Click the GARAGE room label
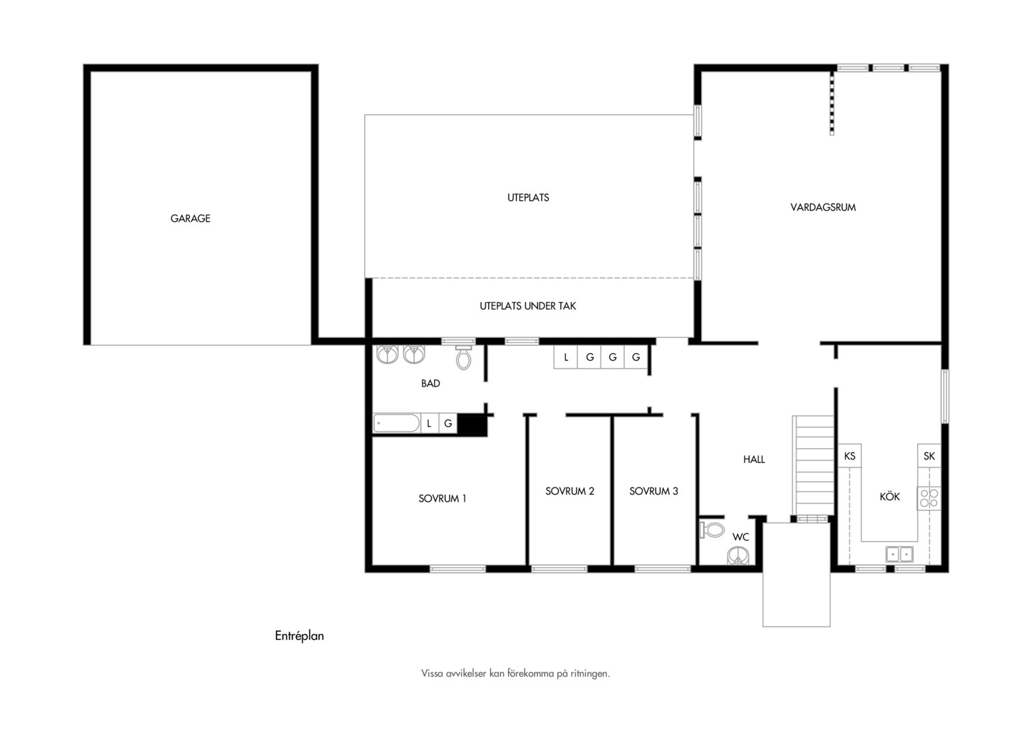coord(190,218)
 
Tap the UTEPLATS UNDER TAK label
coord(527,306)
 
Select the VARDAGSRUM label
coord(823,208)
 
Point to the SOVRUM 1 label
coord(442,499)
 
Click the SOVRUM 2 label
coord(569,491)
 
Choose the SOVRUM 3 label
coord(654,491)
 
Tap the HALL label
coord(754,460)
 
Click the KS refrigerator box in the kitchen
coord(850,456)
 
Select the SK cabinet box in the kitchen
coord(930,456)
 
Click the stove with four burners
coord(929,498)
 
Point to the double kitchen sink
coord(899,554)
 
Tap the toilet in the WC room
coord(712,529)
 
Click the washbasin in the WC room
coord(738,556)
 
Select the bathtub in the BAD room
coord(397,423)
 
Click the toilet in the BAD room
coord(464,357)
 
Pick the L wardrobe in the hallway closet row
coord(566,357)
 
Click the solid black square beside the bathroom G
coord(472,424)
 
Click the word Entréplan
coord(299,636)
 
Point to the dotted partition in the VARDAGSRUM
coord(832,103)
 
